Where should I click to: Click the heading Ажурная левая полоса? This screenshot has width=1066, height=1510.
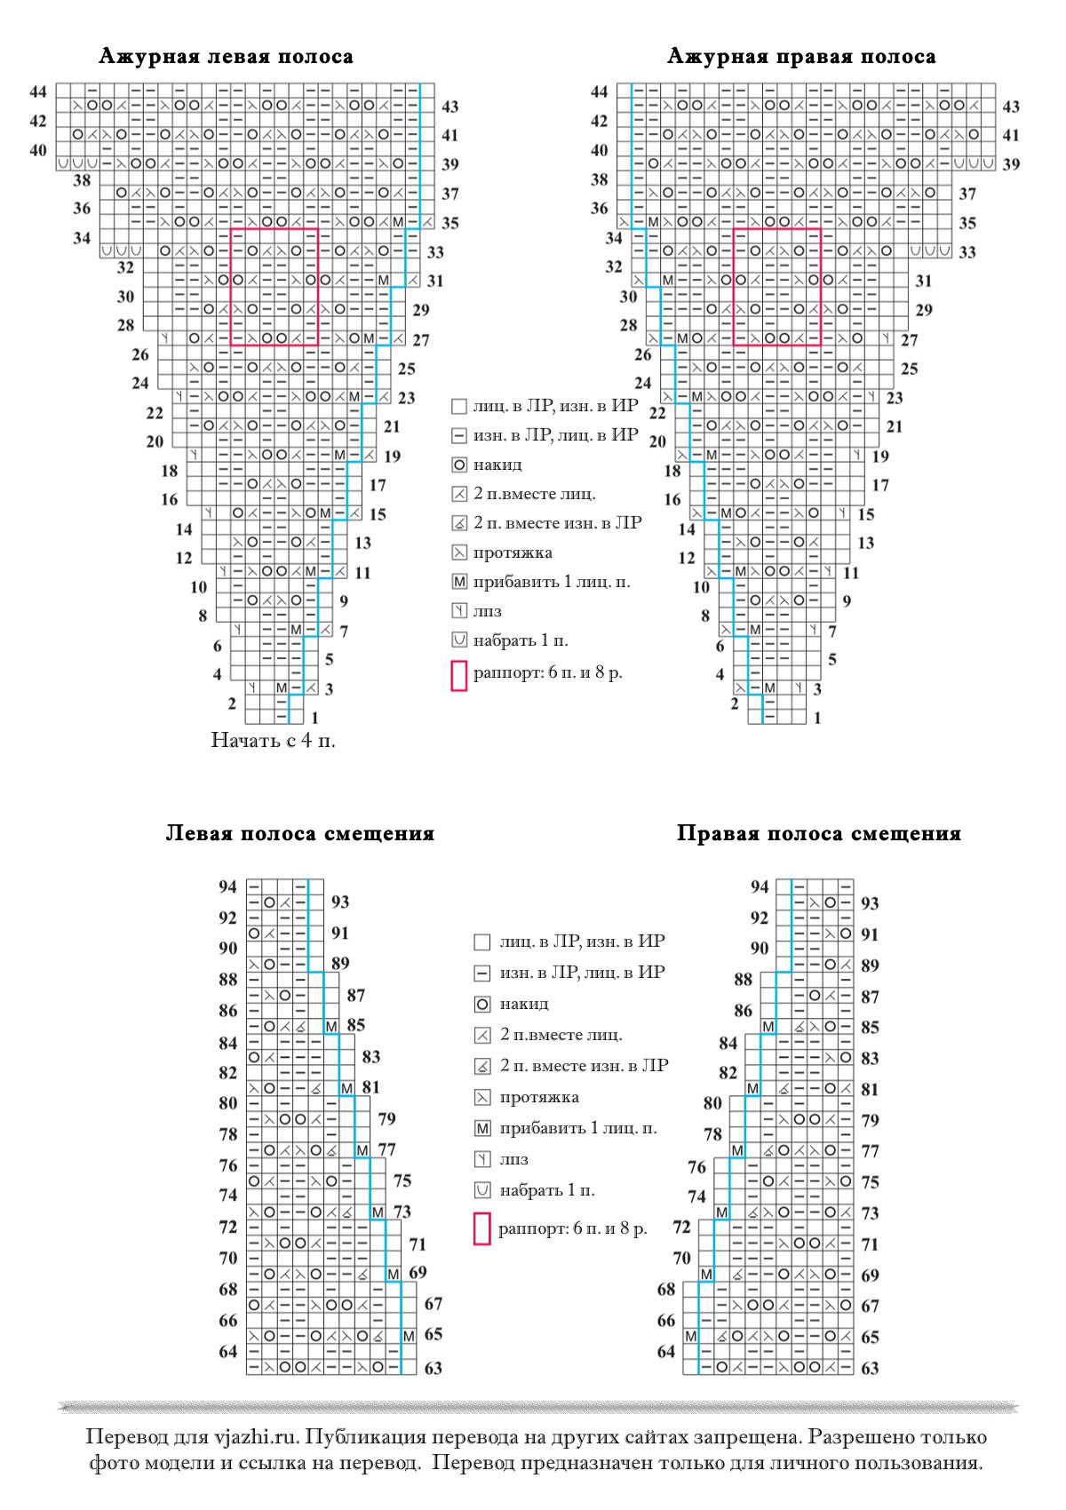point(226,57)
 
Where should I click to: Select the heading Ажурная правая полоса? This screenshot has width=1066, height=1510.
point(800,57)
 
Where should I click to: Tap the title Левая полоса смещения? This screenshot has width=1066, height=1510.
point(299,833)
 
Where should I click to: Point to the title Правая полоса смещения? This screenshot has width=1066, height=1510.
point(818,833)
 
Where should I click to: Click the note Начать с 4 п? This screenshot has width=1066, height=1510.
point(273,740)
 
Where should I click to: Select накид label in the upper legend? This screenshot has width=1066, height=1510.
point(497,465)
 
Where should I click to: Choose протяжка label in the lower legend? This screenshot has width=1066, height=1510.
point(539,1097)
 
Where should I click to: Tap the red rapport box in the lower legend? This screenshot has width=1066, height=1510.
point(482,1229)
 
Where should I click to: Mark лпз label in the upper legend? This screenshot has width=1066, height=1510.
point(488,611)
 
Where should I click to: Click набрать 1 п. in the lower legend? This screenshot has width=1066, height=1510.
point(546,1190)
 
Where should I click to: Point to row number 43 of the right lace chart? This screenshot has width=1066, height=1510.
point(1011,107)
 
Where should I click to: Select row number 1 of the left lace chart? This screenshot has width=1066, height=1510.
point(314,718)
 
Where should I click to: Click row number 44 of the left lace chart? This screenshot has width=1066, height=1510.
point(38,91)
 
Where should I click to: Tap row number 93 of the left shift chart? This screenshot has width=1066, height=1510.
point(339,902)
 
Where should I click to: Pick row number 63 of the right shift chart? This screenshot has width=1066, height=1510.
point(870,1368)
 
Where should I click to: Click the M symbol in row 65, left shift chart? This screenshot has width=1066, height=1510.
point(409,1336)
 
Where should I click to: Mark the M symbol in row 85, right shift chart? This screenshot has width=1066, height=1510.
point(768,1027)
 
